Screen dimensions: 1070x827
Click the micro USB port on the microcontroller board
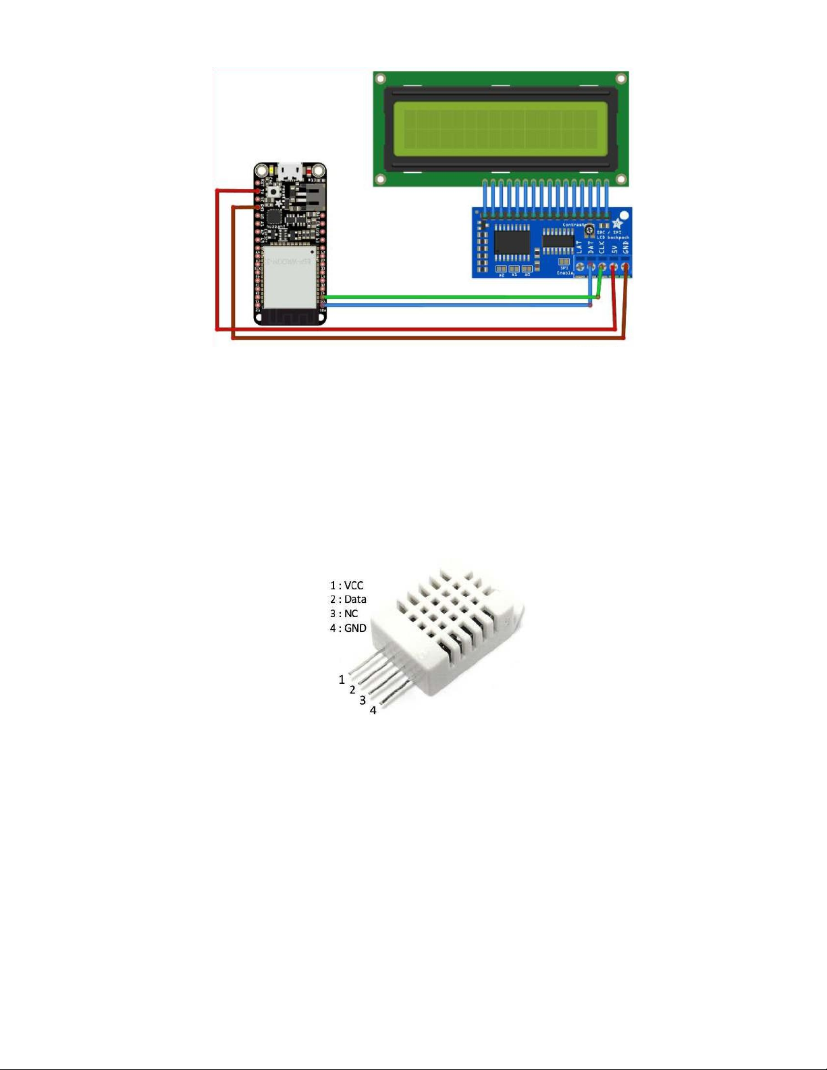pos(290,168)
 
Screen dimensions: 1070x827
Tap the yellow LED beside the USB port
pos(271,169)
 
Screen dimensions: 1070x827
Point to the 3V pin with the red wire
pos(258,192)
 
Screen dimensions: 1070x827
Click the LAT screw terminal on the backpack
pos(580,268)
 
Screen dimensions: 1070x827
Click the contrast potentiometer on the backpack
pos(589,232)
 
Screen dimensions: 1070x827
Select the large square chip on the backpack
pos(512,242)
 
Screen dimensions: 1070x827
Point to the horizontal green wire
pos(459,296)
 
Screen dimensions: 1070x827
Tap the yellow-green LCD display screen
pos(500,129)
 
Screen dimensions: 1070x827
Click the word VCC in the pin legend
pos(354,585)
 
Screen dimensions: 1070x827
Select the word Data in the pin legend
pos(355,599)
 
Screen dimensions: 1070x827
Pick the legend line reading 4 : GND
pos(348,628)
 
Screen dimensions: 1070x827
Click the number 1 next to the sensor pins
pos(342,679)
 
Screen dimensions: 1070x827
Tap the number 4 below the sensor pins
pos(373,710)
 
